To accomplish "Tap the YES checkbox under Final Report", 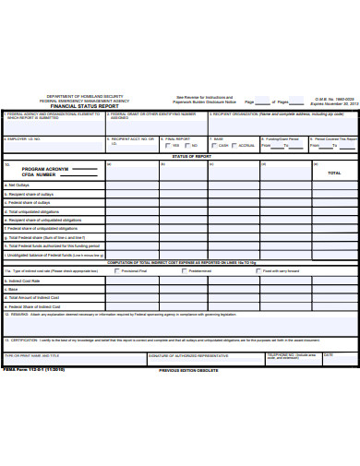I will [x=166, y=146].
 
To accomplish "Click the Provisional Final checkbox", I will [x=116, y=271].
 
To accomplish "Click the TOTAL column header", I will [x=334, y=173].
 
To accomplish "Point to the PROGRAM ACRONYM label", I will [x=46, y=170].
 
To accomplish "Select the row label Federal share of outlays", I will [x=33, y=203].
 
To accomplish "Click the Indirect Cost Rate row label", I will [x=25, y=280].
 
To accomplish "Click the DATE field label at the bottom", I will [x=330, y=353].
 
